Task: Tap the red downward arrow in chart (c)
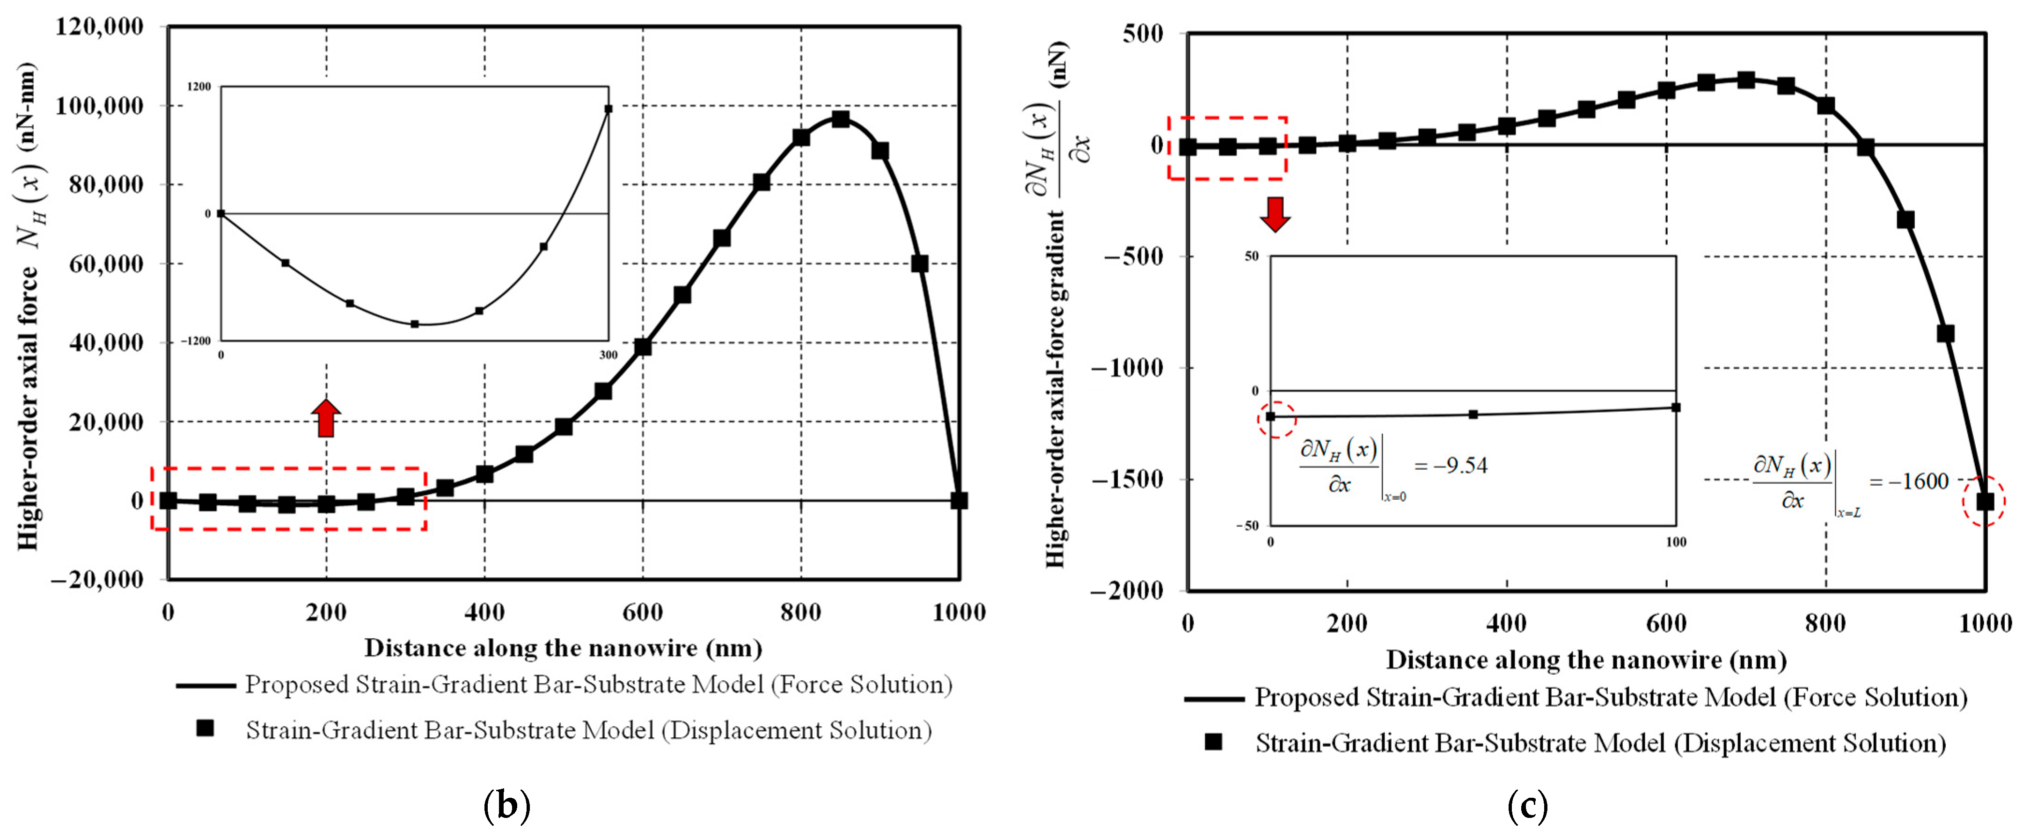pyautogui.click(x=1275, y=214)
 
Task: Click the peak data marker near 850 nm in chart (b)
pyautogui.click(x=840, y=119)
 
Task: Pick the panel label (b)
pyautogui.click(x=506, y=806)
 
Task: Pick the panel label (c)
pyautogui.click(x=1527, y=806)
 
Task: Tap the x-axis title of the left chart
pyautogui.click(x=563, y=648)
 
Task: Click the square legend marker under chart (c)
pyautogui.click(x=1213, y=742)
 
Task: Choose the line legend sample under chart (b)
pyautogui.click(x=206, y=685)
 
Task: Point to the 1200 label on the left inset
pyautogui.click(x=199, y=87)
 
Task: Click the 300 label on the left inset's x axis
pyautogui.click(x=608, y=355)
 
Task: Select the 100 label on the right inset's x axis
pyautogui.click(x=1676, y=542)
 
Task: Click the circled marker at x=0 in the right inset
pyautogui.click(x=1271, y=417)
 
